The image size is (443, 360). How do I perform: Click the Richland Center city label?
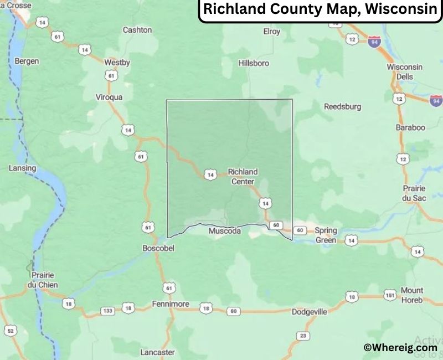pos(243,177)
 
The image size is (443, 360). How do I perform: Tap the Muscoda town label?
pos(224,231)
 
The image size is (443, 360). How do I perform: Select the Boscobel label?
pos(158,249)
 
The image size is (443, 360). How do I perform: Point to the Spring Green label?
pos(326,235)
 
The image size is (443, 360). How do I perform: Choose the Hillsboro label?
pos(254,63)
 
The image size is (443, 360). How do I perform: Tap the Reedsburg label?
pos(342,106)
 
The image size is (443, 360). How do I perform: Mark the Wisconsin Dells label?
pos(404,71)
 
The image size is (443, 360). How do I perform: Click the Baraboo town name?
pos(410,127)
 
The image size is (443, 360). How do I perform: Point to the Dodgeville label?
pos(310,312)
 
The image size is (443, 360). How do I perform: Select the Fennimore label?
pos(171,304)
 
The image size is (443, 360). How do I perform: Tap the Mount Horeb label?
pos(411,295)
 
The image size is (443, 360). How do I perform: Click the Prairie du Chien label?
pos(44,280)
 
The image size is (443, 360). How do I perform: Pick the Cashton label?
pos(137,30)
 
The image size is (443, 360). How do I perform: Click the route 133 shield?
pos(107,311)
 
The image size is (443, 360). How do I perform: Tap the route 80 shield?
pos(234,311)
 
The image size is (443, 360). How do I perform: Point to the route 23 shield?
pos(302,336)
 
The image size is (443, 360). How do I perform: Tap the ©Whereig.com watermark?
pos(400,347)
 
